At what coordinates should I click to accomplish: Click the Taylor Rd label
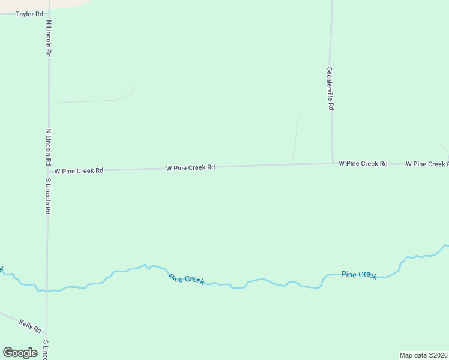29,14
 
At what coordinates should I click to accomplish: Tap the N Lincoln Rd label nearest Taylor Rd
49,38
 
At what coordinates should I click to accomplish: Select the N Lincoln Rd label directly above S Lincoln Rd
49,147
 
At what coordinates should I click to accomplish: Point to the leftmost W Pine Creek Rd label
79,171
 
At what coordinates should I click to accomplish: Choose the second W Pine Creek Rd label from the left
190,168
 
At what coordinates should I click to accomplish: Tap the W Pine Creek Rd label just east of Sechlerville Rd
363,163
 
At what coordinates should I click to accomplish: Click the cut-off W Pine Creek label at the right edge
427,164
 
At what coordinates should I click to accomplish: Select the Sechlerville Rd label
330,88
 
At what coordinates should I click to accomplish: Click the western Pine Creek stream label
186,279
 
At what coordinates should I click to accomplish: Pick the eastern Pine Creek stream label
359,275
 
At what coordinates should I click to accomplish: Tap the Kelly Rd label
29,326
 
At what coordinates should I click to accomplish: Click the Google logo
20,353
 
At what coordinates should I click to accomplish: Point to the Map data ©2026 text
423,355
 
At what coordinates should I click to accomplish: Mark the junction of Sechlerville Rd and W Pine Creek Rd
333,163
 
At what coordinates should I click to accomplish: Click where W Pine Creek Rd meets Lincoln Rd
48,172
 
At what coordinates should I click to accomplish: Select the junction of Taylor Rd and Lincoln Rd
48,13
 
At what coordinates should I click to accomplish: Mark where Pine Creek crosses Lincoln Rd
47,291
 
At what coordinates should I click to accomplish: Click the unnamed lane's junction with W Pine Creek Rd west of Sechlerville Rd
292,164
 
